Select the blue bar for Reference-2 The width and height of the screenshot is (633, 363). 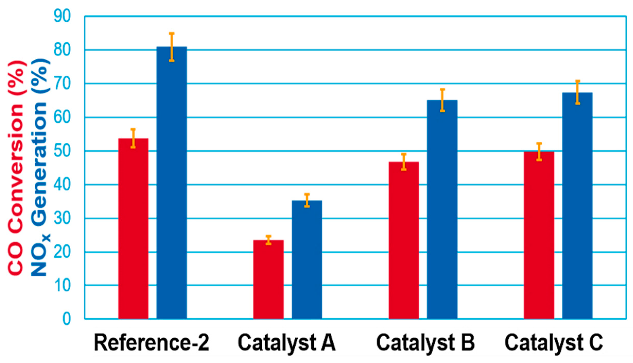click(172, 183)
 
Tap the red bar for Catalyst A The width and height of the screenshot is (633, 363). click(268, 280)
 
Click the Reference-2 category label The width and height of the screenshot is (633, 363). click(152, 343)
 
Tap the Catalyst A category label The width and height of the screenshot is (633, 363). click(287, 343)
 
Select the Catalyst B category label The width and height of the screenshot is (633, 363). click(426, 343)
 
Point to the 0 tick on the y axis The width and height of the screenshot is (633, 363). click(67, 319)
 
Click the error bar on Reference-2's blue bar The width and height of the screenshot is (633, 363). click(172, 47)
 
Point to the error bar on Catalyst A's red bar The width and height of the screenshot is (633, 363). click(268, 240)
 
